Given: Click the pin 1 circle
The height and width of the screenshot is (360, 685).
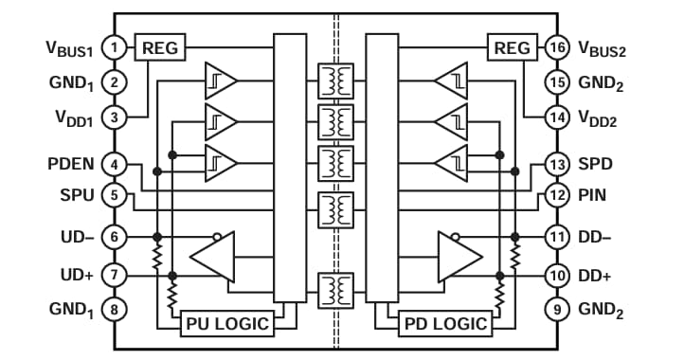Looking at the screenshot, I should point(114,46).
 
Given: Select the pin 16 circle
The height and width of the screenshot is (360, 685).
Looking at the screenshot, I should point(557,46).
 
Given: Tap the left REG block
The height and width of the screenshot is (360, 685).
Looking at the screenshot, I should point(160,46).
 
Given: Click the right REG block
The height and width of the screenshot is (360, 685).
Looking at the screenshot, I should point(512,46).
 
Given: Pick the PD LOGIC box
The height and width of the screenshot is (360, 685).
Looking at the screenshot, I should point(444,324).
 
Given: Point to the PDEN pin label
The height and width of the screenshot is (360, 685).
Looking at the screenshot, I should point(70,164).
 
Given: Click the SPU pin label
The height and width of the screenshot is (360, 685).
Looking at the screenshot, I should point(77,195).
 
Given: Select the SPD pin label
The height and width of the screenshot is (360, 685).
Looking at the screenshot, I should point(596,164).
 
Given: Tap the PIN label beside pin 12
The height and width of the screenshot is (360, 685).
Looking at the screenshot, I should point(593,195).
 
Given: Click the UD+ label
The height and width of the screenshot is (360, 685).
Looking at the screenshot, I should point(77,275).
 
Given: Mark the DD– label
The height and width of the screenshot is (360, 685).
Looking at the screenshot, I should point(596,236).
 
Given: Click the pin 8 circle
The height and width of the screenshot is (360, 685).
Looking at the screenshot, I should point(114,308).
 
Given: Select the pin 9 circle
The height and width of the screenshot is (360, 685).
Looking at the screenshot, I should point(557,308).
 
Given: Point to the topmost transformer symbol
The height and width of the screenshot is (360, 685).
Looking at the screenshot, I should point(334,79).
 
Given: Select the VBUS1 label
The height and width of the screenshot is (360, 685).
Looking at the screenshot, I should point(68,47).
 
